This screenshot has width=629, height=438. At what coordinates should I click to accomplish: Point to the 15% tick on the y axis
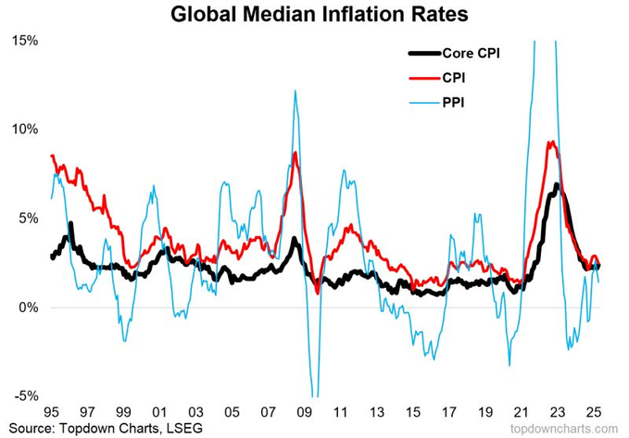[23, 41]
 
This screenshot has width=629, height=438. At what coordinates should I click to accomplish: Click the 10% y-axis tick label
[23, 129]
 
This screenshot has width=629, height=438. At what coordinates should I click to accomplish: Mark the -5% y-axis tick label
[24, 395]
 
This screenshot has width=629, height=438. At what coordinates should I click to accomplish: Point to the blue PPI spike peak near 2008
[294, 91]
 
